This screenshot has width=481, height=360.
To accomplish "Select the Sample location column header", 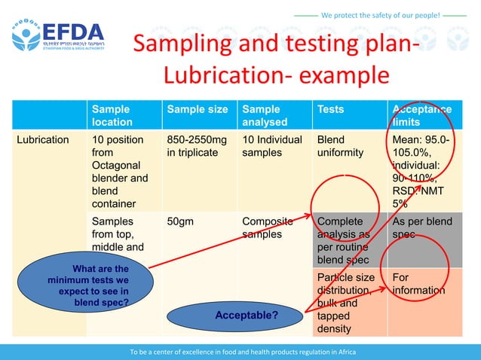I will point(112,115).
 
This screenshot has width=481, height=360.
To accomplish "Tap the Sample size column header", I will point(197,110).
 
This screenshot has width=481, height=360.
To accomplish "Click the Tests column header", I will point(331,110).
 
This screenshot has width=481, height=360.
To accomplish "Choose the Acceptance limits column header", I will point(421,115).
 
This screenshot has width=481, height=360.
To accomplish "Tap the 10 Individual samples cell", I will point(271,146).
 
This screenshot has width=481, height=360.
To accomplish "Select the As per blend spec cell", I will point(421,228).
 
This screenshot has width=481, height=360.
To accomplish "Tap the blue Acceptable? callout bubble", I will point(245,315).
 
